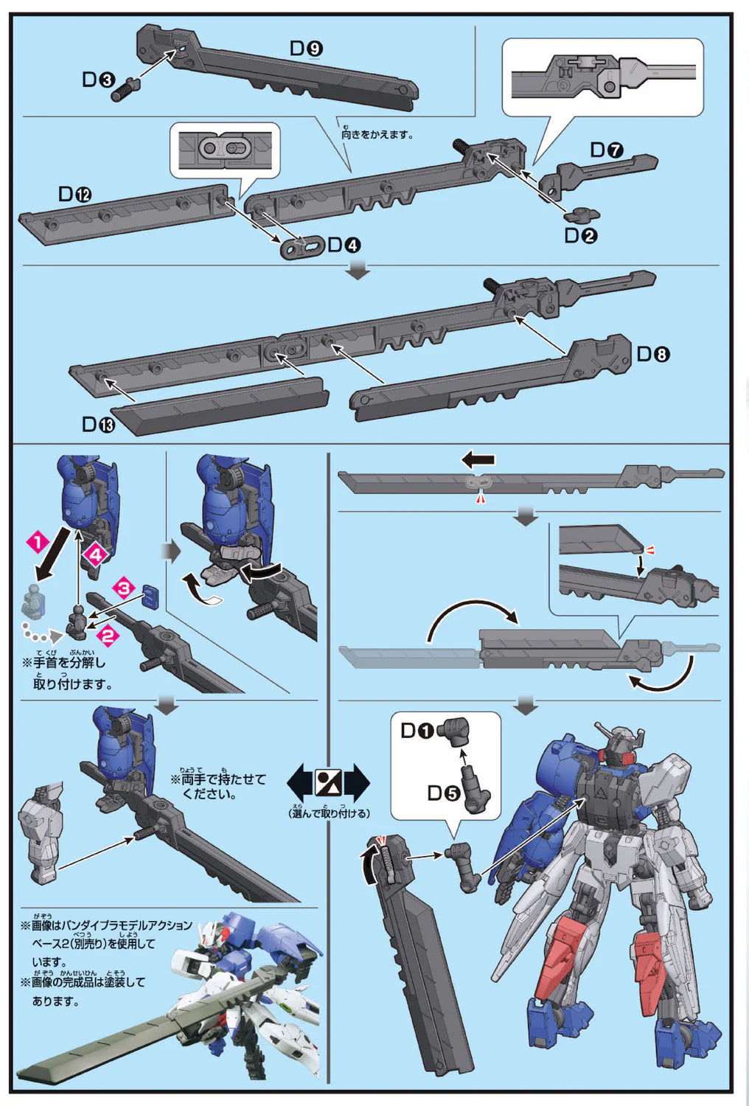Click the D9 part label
[306, 49]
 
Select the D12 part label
[74, 194]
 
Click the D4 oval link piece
[302, 248]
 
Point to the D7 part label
[606, 150]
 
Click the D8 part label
[652, 355]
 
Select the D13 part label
[98, 425]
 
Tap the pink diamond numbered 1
[37, 543]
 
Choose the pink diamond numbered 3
[123, 588]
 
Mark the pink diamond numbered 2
[108, 635]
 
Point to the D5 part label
[443, 793]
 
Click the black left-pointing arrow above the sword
[478, 460]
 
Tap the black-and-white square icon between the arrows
[327, 782]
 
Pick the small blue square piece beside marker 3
[150, 596]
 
